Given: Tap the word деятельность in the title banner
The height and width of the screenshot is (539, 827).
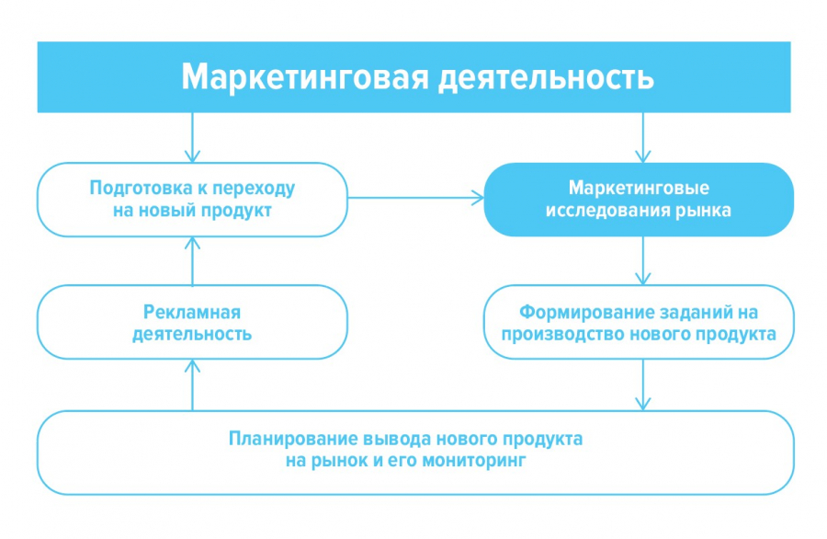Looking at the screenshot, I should coord(542,77).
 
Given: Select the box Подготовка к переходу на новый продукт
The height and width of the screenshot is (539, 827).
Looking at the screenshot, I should coord(192,200).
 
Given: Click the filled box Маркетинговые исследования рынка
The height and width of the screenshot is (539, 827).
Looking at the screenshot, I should coord(639,200).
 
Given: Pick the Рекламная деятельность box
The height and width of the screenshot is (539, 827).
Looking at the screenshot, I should coord(192,322).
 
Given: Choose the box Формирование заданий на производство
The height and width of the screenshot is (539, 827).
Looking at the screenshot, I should coord(639,322).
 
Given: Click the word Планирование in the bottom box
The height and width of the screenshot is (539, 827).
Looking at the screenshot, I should coord(293,438).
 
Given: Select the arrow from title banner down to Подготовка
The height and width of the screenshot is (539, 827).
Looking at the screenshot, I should coord(192,137).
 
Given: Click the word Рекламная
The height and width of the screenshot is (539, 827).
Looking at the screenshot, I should coord(192,311).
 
